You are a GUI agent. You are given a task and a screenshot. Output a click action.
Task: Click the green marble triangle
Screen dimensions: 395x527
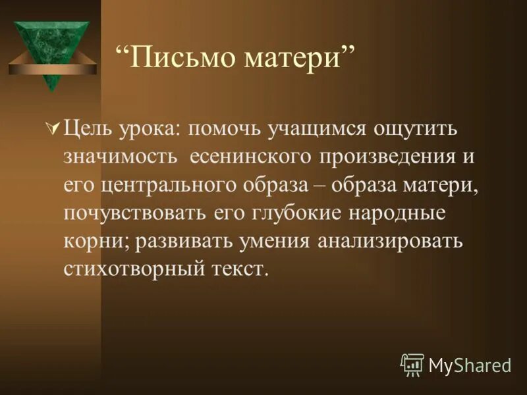point(52,46)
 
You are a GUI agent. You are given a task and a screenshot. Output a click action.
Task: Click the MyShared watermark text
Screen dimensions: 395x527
point(470,364)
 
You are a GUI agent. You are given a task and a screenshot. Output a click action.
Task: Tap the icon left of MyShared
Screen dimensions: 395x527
point(412,364)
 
